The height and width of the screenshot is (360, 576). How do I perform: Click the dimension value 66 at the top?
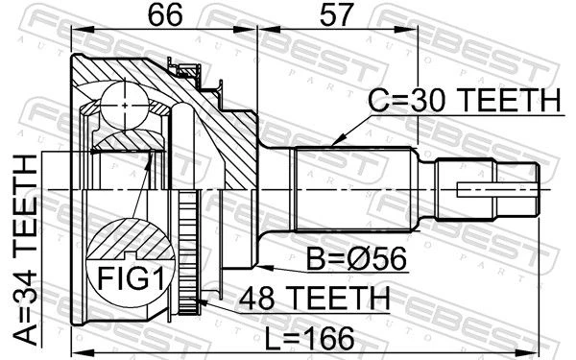(x=164, y=15)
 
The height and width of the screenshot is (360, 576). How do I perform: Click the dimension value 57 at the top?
(x=337, y=15)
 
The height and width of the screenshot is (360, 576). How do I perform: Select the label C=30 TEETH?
(x=465, y=100)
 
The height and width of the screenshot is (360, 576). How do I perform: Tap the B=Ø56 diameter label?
(x=357, y=258)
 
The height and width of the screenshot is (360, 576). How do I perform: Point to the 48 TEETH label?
(x=314, y=298)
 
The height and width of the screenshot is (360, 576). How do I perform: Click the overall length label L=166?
(x=310, y=338)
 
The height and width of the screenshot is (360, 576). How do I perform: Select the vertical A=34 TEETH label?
(x=25, y=251)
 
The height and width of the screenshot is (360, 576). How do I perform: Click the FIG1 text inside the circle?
(x=131, y=278)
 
